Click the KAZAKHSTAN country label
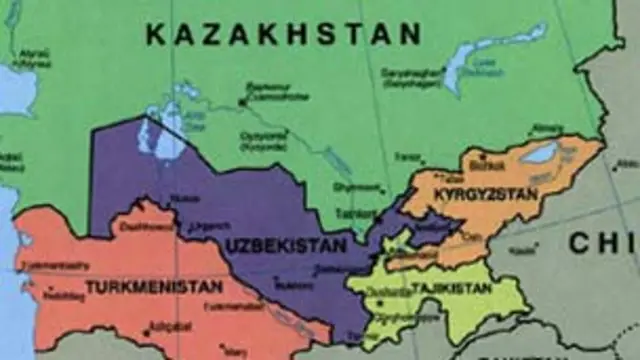[283, 34]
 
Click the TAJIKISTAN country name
[451, 288]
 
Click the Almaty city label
[548, 127]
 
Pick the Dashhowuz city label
[146, 227]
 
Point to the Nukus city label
[184, 198]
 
